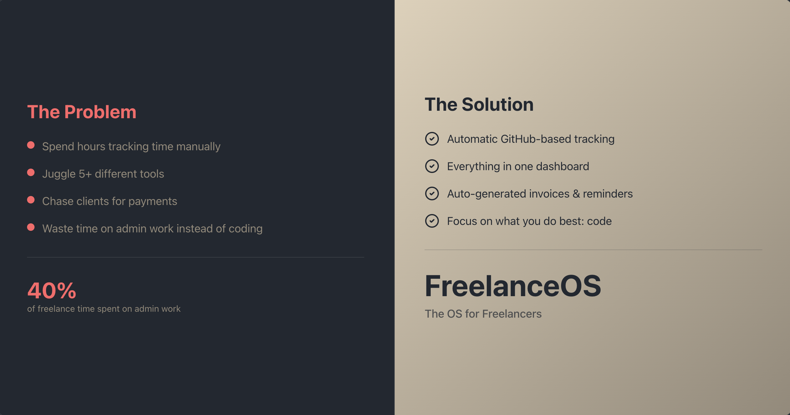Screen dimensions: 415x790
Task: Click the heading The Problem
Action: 81,112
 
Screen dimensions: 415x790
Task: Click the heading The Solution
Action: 479,105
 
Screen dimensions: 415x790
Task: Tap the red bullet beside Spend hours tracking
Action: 31,145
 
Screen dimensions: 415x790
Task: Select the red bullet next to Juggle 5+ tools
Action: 31,172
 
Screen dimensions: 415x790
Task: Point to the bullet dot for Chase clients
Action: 31,200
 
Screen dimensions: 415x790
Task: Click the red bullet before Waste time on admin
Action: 31,227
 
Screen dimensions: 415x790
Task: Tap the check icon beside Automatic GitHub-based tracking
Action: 432,139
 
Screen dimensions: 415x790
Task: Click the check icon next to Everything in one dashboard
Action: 432,166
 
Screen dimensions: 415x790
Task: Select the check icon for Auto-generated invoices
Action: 432,194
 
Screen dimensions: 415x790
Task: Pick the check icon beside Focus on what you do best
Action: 432,221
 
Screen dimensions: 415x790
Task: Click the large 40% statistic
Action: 52,291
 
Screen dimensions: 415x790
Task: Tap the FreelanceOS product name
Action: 513,286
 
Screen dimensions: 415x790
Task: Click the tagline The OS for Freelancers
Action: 483,314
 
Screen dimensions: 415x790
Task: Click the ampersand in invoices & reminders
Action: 576,194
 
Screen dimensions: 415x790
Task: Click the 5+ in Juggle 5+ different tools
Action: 85,174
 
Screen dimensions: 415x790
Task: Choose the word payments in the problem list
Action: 153,201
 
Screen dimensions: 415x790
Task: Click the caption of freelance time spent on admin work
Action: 104,309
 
